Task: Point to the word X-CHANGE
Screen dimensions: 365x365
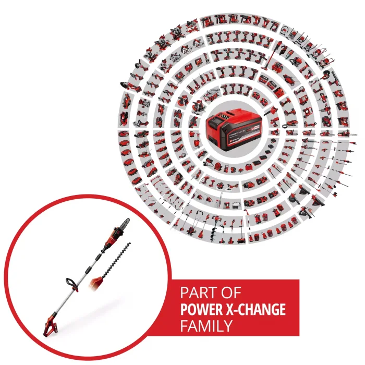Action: pos(258,309)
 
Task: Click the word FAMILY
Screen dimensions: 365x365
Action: pos(206,327)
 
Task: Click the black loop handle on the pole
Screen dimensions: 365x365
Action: pos(72,283)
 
